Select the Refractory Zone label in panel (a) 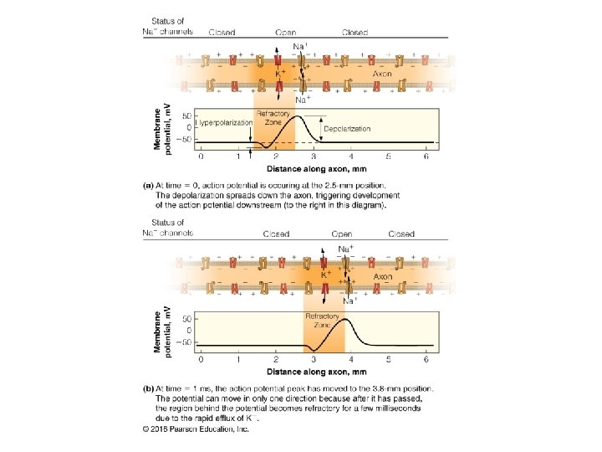(x=273, y=117)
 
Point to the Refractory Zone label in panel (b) (x=322, y=320)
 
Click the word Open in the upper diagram (x=285, y=33)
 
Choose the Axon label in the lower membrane (x=383, y=275)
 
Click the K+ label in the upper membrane (x=283, y=73)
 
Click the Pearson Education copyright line (x=195, y=429)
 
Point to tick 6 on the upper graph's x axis (x=427, y=157)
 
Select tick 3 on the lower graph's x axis (x=313, y=360)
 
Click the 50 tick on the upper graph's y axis (x=186, y=115)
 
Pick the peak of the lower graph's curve (x=345, y=320)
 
